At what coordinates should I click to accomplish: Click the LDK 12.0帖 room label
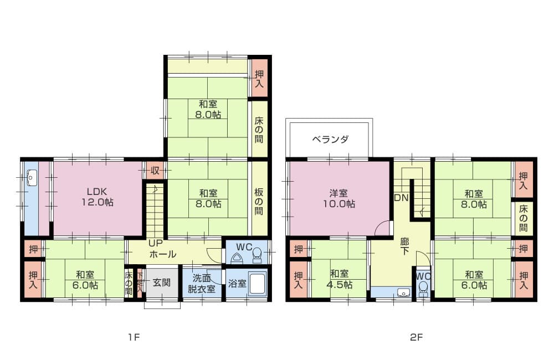coord(97,197)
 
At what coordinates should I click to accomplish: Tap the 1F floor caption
coord(134,337)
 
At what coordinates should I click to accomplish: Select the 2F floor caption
coord(416,337)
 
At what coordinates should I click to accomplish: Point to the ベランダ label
coord(330,139)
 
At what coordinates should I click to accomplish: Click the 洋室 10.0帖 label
coord(339,198)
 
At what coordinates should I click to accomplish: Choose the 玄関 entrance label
coord(162,282)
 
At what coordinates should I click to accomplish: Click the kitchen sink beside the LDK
coord(32,178)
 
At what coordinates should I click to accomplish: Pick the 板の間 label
coord(259,202)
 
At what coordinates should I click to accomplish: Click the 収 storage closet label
coord(155,171)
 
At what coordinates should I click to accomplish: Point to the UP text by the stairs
coord(156,243)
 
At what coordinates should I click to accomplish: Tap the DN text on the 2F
coord(401,198)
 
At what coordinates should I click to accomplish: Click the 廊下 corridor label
coord(404,246)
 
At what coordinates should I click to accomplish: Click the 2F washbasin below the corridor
coord(403,292)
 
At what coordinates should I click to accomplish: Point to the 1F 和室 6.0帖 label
coord(85,280)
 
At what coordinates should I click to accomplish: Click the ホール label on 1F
coord(163,254)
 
